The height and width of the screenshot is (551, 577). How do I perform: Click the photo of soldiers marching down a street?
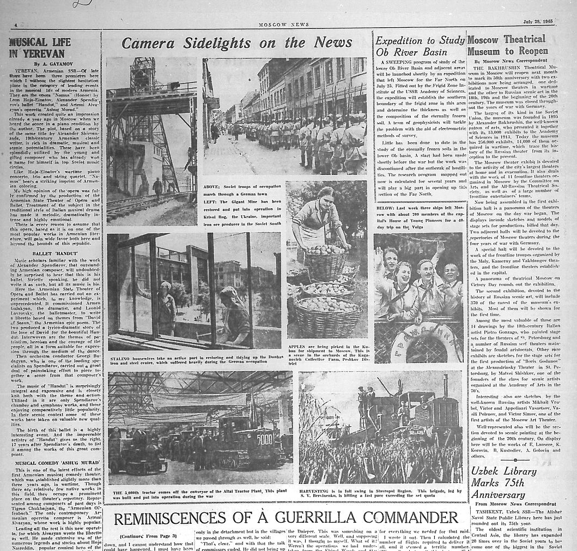pyautogui.click(x=285, y=116)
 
